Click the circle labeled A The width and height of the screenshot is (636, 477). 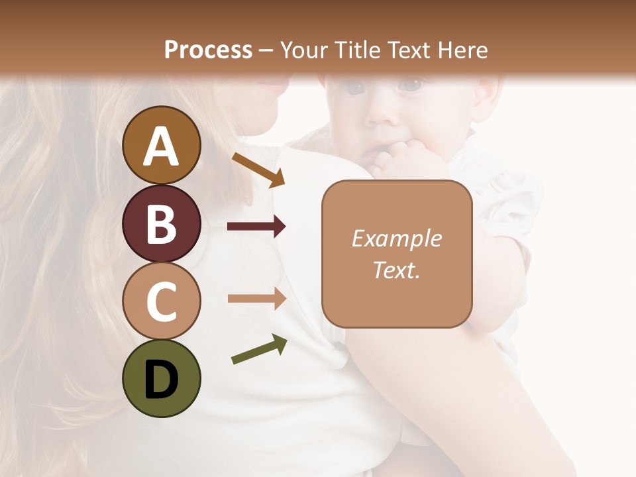click(x=161, y=146)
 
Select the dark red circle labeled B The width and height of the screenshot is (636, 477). click(x=161, y=224)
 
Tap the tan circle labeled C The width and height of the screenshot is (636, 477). click(x=161, y=301)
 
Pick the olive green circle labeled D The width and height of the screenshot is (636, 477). click(x=161, y=379)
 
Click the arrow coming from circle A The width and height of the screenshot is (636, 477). click(x=258, y=170)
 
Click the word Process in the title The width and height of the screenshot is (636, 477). click(x=208, y=50)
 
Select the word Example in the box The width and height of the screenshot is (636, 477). click(x=397, y=238)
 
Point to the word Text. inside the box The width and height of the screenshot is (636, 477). click(x=397, y=270)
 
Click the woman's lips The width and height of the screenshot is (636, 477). click(x=273, y=85)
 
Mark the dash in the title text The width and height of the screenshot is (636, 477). click(x=266, y=50)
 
